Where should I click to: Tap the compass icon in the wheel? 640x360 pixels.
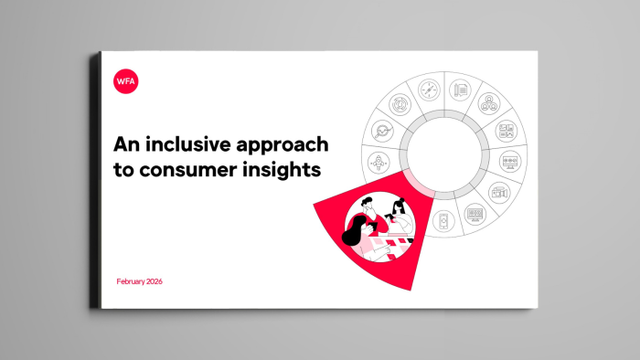(x=430, y=90)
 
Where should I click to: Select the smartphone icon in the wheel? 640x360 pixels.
(x=444, y=220)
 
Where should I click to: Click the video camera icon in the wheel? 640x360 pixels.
(x=497, y=193)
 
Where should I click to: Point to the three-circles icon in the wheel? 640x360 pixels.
(x=488, y=104)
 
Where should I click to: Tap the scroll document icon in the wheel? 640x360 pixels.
(x=462, y=90)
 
